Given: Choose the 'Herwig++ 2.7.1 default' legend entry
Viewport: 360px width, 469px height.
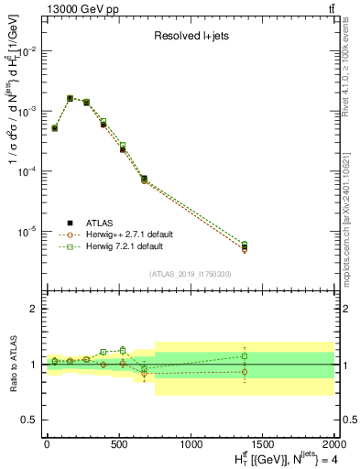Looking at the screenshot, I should pos(128,234).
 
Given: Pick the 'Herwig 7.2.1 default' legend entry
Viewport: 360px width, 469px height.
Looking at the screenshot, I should pos(125,247).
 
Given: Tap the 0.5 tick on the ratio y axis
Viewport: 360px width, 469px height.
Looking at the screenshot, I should pos(31,420).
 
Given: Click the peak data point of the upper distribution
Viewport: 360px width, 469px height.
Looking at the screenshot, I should pos(71,98).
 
